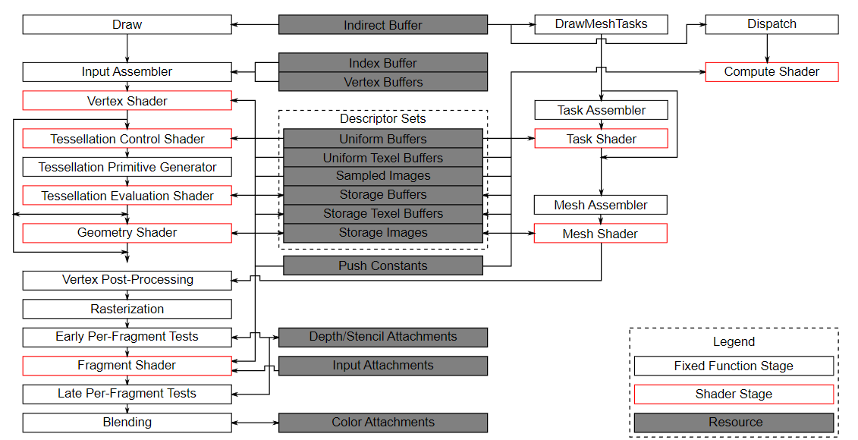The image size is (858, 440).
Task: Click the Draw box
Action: pos(127,25)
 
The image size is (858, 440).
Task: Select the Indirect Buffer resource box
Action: pos(383,25)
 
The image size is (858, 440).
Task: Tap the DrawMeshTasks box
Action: pos(601,24)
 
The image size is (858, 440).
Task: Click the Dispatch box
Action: pos(772,24)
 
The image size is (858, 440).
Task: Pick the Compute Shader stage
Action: pos(772,72)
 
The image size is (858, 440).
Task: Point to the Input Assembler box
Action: pos(127,72)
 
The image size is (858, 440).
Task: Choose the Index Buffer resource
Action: pos(383,63)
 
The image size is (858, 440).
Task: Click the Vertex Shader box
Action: pos(127,101)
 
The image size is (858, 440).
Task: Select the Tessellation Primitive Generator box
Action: pos(127,167)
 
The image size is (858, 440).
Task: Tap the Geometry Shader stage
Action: pos(127,233)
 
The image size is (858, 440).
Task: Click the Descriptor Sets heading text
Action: pos(383,119)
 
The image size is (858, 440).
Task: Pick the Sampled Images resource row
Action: pos(383,176)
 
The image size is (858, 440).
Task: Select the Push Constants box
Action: pos(383,266)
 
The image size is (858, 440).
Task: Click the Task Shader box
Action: pos(601,139)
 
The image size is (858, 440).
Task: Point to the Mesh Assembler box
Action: pos(601,205)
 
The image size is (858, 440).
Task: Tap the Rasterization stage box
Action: pos(127,309)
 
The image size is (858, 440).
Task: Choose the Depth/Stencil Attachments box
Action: pos(383,337)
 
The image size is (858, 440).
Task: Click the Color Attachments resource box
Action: pos(383,423)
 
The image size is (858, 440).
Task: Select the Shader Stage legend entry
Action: pos(734,394)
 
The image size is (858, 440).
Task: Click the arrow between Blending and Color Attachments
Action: pos(256,423)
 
